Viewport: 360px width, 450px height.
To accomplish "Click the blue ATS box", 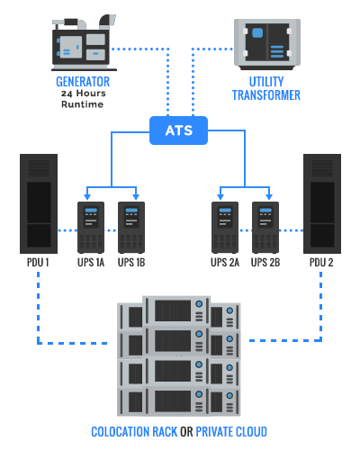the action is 178,130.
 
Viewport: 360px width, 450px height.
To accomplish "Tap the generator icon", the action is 84,42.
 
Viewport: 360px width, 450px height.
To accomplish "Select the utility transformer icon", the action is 267,44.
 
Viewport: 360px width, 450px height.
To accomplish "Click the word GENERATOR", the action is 83,82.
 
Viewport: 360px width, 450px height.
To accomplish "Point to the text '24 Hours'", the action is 84,94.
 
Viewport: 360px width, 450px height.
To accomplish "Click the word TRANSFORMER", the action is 266,95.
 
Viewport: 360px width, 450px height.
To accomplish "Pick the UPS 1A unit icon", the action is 91,228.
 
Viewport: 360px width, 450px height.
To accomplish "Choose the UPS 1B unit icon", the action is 131,228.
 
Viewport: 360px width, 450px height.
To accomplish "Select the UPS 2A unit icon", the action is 225,228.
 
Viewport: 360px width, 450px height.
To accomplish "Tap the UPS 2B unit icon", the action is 265,228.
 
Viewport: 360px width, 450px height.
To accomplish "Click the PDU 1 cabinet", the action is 39,203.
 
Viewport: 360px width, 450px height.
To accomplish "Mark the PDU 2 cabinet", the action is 322,203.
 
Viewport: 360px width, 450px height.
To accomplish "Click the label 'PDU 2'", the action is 321,263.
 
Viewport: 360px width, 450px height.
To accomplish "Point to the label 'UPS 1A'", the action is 91,263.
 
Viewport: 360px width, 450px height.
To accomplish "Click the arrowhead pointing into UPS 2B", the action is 269,197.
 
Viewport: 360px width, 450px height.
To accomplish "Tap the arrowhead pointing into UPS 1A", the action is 87,197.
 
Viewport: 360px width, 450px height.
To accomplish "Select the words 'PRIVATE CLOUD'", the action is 231,432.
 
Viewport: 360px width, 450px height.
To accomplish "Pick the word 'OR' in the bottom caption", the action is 186,432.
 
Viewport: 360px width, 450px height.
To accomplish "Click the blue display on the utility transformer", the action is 257,32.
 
